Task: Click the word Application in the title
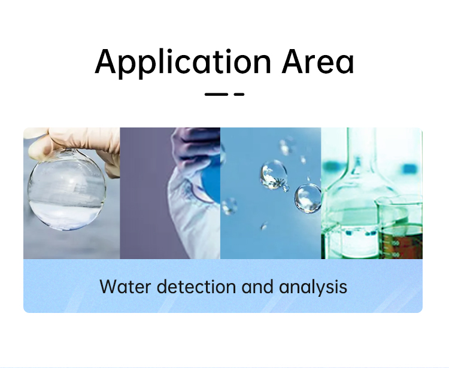(183, 63)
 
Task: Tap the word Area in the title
(318, 61)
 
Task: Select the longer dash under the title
(216, 94)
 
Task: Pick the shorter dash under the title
(239, 94)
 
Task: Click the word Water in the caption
(125, 287)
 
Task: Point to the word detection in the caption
(196, 287)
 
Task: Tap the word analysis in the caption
(313, 287)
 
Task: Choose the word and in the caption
(257, 287)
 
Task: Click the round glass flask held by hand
(67, 190)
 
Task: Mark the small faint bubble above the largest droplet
(285, 147)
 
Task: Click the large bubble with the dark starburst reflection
(274, 175)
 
